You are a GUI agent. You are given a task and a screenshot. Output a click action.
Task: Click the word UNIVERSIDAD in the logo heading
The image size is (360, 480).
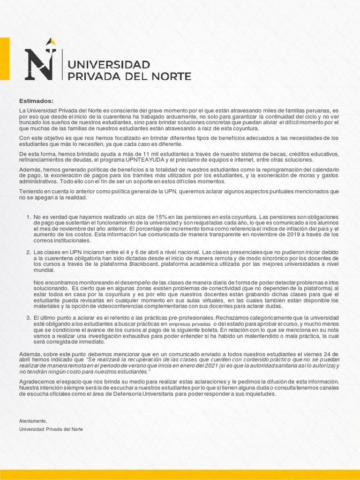coord(109,64)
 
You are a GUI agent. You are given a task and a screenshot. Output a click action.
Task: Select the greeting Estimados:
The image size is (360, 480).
coord(37,101)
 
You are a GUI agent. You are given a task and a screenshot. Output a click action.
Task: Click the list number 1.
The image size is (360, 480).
coord(28,217)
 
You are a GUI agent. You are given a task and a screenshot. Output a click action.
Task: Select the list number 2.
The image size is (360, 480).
coord(28,252)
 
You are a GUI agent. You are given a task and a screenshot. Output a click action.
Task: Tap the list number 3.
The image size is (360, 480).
coord(28,318)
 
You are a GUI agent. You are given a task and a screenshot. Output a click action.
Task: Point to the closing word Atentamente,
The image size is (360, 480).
coord(33,421)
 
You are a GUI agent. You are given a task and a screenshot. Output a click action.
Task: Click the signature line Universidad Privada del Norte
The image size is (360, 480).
coord(51,429)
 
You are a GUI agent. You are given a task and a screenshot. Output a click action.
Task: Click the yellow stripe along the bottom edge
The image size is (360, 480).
coord(180,474)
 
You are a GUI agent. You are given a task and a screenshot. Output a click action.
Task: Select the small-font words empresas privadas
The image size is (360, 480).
coord(189,324)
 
